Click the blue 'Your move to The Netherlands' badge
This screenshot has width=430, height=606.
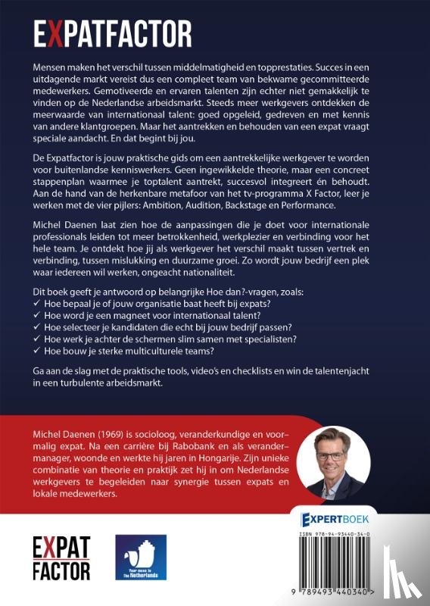[140, 558]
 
